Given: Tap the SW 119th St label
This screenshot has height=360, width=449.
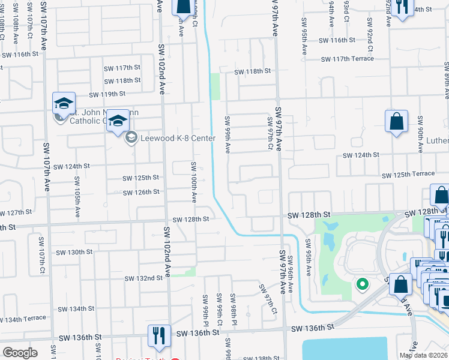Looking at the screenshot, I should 107,94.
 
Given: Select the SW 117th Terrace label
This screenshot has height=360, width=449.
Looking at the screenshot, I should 347,59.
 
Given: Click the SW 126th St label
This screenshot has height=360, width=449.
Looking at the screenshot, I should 141,192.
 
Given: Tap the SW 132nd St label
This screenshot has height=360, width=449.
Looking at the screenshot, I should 143,278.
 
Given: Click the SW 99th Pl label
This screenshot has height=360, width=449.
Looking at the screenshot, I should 205,307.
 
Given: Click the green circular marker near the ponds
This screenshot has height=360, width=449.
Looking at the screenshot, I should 362,284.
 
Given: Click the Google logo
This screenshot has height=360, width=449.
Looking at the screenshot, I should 20,353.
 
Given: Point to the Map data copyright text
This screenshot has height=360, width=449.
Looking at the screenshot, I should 423,355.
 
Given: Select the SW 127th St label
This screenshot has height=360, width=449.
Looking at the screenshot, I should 24,212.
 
